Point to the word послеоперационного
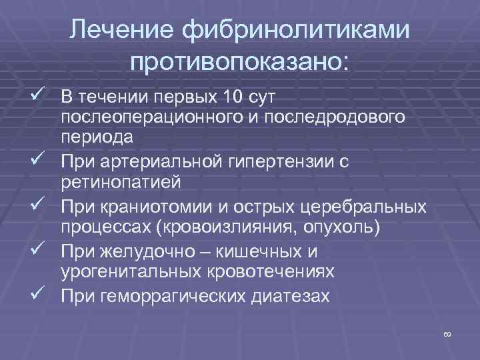pyautogui.click(x=145, y=117)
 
